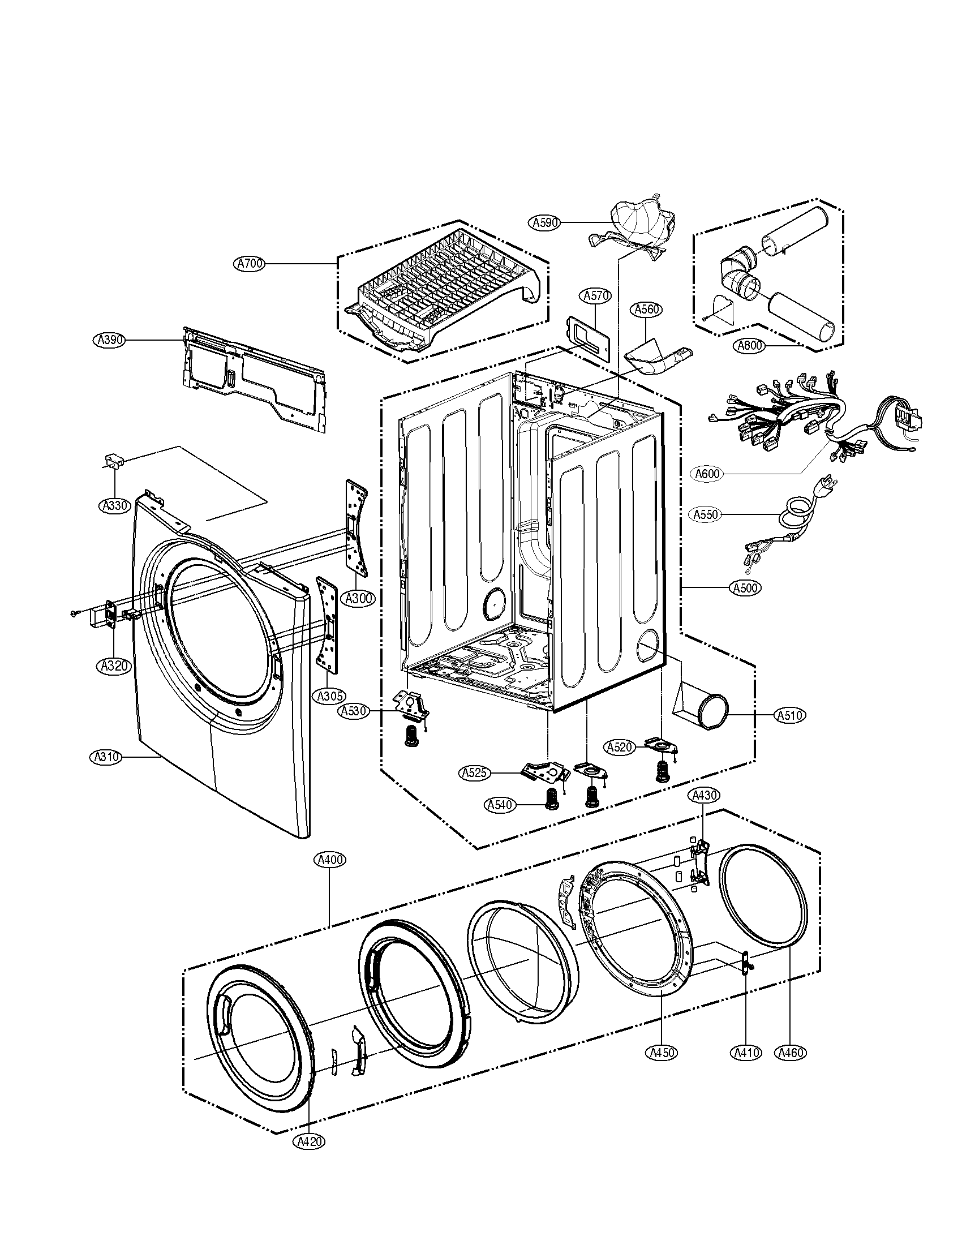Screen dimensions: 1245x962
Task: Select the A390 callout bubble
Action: pyautogui.click(x=108, y=340)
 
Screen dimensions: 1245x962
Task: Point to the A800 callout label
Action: pyautogui.click(x=750, y=345)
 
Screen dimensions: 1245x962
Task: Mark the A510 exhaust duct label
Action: pyautogui.click(x=791, y=715)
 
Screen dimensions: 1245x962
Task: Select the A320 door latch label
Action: pyautogui.click(x=114, y=666)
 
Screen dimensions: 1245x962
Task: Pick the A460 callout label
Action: pyautogui.click(x=791, y=1053)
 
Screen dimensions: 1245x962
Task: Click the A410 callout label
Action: pyautogui.click(x=746, y=1053)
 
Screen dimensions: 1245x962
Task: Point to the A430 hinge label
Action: pyautogui.click(x=705, y=795)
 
